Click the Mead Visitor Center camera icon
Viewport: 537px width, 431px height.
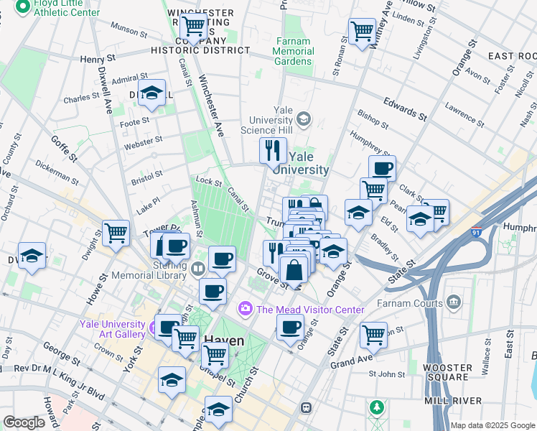click(x=246, y=309)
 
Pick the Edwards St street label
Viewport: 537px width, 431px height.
click(x=401, y=108)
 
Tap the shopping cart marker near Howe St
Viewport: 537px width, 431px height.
click(x=116, y=232)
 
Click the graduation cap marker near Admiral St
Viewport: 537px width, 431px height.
click(x=151, y=93)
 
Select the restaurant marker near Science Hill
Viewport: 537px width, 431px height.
click(x=273, y=150)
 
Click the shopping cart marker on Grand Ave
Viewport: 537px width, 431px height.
click(x=374, y=334)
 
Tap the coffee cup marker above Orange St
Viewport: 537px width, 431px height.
click(x=290, y=328)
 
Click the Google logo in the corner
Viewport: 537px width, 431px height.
click(x=24, y=422)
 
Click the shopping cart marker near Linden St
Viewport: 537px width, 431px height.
click(x=362, y=30)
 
